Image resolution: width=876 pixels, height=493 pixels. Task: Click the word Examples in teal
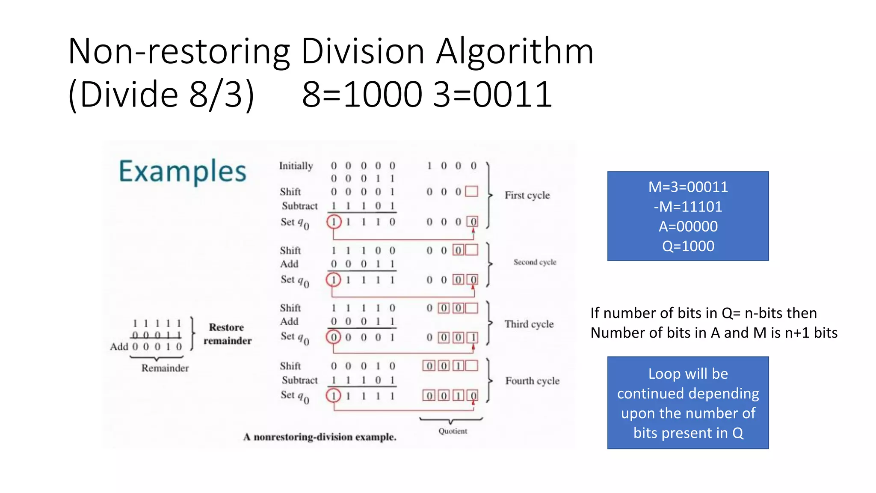(182, 171)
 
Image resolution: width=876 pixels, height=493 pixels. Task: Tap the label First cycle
(527, 195)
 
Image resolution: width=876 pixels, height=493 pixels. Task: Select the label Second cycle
(535, 262)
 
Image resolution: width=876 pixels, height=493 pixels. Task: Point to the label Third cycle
(529, 324)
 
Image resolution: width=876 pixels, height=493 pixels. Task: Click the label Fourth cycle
(532, 381)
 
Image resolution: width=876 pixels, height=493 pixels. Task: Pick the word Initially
(296, 166)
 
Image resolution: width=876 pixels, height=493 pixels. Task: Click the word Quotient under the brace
(453, 431)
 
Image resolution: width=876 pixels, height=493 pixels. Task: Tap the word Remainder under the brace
(165, 368)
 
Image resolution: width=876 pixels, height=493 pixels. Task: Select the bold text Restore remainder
(227, 334)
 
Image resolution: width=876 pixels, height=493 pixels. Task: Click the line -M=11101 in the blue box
(688, 207)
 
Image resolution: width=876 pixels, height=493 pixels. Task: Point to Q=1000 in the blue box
(688, 246)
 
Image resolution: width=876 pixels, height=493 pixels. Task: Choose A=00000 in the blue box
(688, 226)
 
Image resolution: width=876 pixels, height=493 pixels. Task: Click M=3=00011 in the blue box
(688, 187)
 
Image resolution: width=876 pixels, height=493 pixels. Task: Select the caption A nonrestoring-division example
(320, 437)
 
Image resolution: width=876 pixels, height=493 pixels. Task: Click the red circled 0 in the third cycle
(334, 337)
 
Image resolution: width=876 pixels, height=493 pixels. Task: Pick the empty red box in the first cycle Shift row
(471, 191)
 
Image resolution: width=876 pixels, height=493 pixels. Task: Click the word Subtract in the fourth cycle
(299, 380)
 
